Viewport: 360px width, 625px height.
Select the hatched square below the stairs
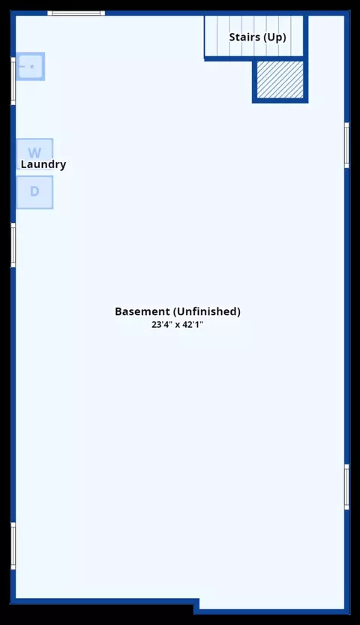(280, 80)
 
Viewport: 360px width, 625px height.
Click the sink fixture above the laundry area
(30, 66)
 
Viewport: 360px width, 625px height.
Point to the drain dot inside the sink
(31, 67)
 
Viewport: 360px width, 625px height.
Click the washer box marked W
(34, 154)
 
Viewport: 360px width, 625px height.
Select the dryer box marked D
(34, 192)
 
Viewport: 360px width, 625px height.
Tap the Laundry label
(43, 164)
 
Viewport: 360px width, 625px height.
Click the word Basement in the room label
(142, 311)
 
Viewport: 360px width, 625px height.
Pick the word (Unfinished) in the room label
(207, 311)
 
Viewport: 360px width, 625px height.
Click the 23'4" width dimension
(162, 324)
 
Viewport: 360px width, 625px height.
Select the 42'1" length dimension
(193, 324)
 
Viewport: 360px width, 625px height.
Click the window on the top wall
(76, 14)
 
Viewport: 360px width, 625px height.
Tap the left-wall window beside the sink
(13, 81)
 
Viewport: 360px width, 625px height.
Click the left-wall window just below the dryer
(13, 245)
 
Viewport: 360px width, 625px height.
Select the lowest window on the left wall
(13, 546)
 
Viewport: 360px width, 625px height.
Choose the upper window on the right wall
(346, 145)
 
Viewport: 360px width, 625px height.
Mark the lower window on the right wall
(346, 487)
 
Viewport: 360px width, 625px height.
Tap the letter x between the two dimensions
(177, 325)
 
